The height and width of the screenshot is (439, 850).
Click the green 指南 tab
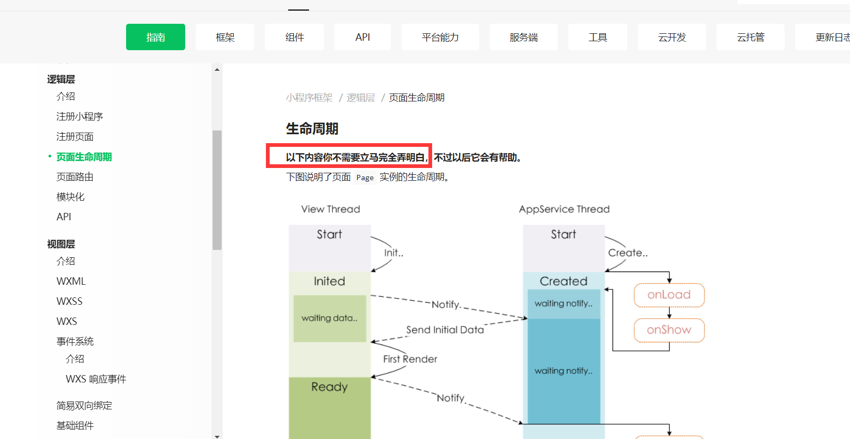pos(156,37)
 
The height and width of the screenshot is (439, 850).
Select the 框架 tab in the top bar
pos(225,37)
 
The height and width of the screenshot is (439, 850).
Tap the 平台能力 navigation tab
pos(440,37)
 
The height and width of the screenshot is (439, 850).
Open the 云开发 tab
pos(672,37)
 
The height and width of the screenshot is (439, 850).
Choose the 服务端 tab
pos(523,37)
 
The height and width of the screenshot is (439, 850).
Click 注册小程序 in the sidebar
pos(80,116)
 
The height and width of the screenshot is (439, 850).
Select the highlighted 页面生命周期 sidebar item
pos(84,157)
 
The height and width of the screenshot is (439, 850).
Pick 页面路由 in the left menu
pos(75,177)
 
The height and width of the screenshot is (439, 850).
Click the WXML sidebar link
pos(71,281)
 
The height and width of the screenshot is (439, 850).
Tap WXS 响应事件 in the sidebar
pos(96,379)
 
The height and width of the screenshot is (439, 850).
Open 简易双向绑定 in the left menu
pos(84,405)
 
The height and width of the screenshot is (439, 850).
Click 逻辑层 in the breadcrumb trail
pos(360,98)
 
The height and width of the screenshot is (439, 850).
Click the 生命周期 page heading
pos(312,128)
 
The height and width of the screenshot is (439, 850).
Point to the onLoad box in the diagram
pos(669,295)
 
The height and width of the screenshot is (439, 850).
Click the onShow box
pos(669,330)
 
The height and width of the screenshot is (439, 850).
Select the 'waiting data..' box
pos(330,318)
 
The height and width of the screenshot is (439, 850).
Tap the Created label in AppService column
pos(564,281)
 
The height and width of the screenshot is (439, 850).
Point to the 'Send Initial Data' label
pos(445,330)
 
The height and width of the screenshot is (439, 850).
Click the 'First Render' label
pos(410,359)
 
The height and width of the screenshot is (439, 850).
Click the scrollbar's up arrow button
pos(217,69)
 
